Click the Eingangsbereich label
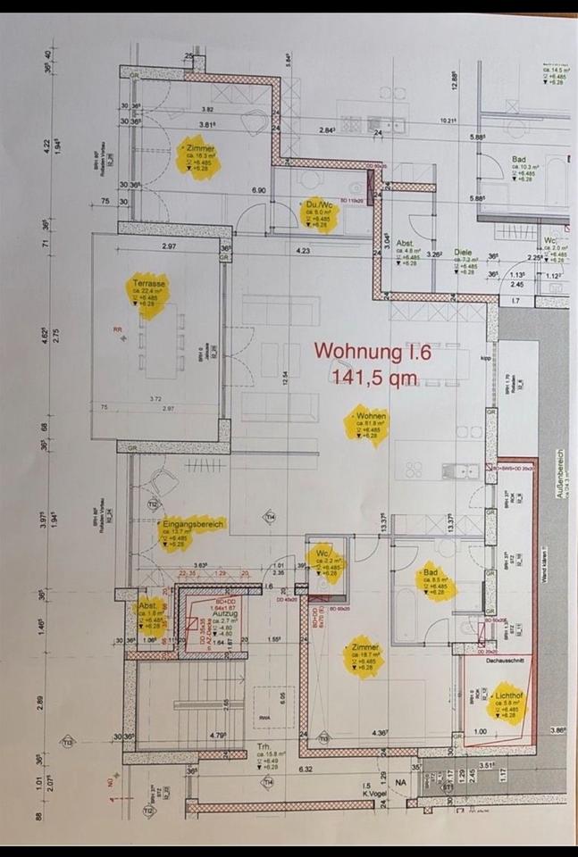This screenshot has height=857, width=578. point(192,524)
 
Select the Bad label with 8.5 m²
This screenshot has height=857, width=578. point(431,573)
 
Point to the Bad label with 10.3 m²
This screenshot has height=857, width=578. point(517,159)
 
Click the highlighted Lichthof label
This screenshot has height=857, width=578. point(506,693)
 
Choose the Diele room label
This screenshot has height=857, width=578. point(462,253)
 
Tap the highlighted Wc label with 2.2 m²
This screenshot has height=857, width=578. point(323,553)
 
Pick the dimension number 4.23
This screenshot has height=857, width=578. point(303,252)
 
